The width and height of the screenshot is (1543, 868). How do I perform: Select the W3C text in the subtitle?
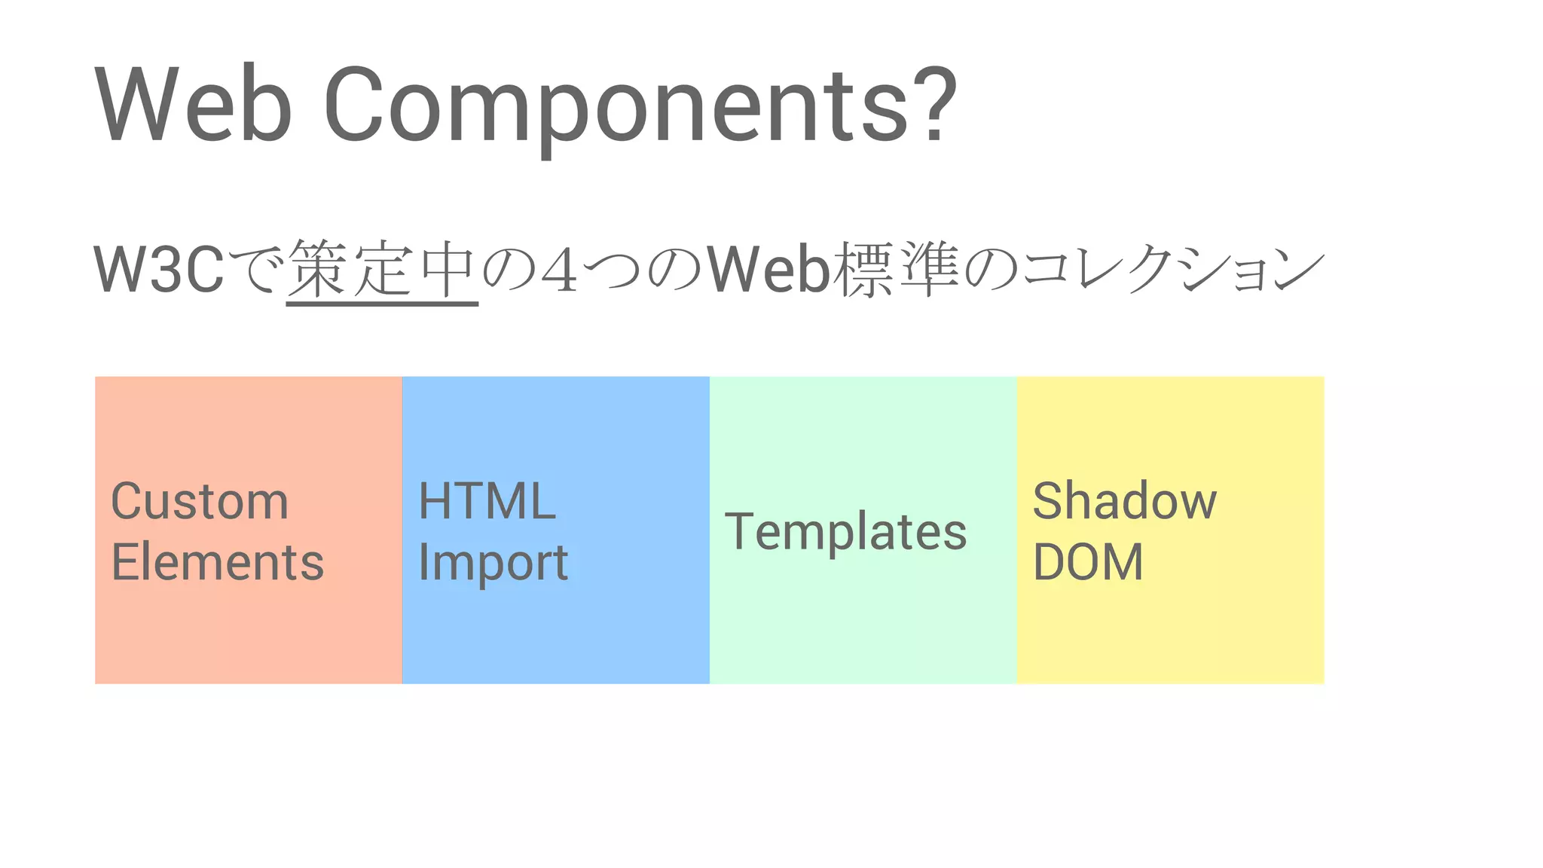click(x=159, y=269)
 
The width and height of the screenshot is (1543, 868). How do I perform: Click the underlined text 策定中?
click(x=382, y=269)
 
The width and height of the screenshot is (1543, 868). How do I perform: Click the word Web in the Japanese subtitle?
click(x=768, y=269)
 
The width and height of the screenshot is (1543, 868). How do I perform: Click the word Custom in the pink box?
click(x=200, y=501)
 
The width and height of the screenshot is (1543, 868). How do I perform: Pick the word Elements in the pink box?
click(x=217, y=562)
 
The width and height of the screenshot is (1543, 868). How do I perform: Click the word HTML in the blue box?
click(x=487, y=501)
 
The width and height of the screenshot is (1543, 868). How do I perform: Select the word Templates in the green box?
click(x=845, y=532)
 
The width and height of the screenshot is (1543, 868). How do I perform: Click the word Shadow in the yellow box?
click(x=1124, y=501)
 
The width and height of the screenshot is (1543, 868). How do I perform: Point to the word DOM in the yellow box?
click(x=1088, y=562)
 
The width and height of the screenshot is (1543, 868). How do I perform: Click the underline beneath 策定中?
click(x=382, y=303)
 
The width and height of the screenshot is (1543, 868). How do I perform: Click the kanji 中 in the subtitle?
click(x=448, y=269)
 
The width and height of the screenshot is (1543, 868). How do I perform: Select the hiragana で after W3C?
click(x=255, y=269)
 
